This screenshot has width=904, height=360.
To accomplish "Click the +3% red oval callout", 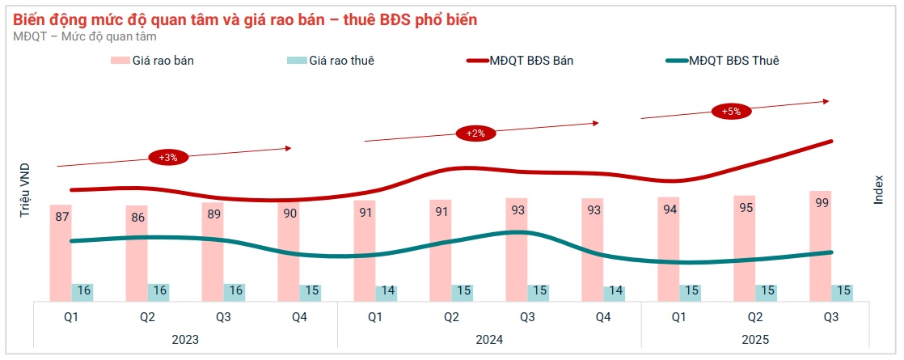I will tap(168, 157).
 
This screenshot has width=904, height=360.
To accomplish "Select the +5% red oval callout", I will tap(732, 112).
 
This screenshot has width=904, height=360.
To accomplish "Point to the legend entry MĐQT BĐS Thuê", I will tap(721, 61).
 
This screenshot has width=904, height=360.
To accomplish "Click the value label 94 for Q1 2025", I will tap(668, 210).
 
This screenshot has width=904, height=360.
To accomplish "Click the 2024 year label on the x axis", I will tap(489, 340).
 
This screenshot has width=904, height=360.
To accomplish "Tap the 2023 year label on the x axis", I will tap(185, 340).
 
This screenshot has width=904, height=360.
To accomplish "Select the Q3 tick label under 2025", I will tap(831, 317).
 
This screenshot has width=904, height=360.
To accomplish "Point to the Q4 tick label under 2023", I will tap(299, 317).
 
